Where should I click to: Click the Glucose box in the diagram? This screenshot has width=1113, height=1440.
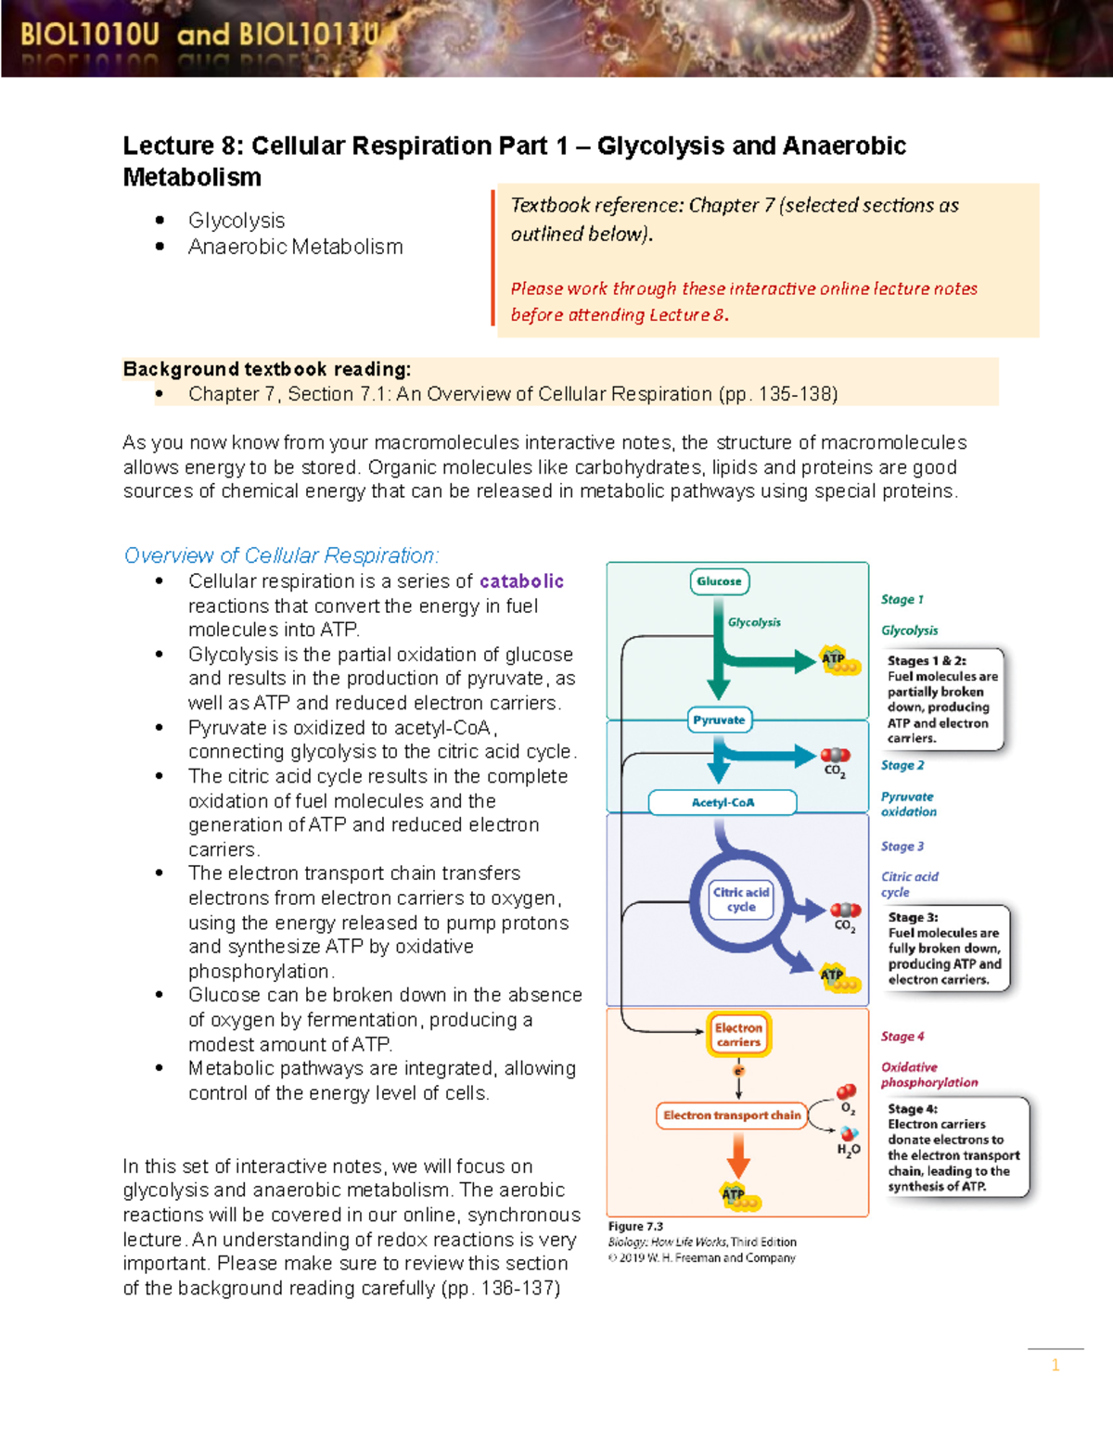pos(719,581)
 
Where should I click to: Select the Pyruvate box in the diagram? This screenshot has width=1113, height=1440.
pos(719,720)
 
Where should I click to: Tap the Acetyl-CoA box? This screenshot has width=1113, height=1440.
pos(723,802)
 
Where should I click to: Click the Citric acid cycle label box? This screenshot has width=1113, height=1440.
pos(740,899)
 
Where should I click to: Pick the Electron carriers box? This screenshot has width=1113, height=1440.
pos(738,1035)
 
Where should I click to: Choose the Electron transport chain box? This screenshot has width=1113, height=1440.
pos(732,1115)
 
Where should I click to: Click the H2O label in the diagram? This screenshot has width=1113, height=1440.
pos(849,1150)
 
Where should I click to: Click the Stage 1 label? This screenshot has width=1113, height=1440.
pos(902,600)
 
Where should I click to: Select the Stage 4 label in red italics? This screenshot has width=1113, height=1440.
pos(902,1037)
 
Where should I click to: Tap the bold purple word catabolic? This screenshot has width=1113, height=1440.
pos(521,581)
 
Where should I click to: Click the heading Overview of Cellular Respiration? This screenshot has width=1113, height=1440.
pos(281,555)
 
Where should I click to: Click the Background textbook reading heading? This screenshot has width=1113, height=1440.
pos(267,369)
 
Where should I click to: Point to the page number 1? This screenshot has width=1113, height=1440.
pos(1055,1365)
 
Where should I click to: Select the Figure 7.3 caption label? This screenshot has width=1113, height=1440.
pos(635,1227)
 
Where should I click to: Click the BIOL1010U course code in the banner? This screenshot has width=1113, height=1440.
pos(90,35)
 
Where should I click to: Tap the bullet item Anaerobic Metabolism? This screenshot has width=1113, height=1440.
pos(295,247)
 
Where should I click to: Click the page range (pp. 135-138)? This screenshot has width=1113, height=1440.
pos(778,394)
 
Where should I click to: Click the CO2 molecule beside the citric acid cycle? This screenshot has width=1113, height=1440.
pos(845,916)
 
